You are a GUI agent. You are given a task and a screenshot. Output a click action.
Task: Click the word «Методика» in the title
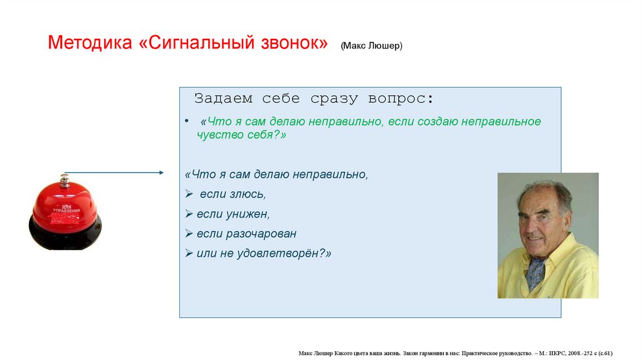[x=89, y=44]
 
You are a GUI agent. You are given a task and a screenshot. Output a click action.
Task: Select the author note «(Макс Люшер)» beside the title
[x=372, y=47]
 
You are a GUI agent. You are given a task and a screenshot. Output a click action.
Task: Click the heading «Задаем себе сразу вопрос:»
[x=313, y=98]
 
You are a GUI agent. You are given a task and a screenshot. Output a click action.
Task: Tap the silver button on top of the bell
[x=63, y=181]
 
